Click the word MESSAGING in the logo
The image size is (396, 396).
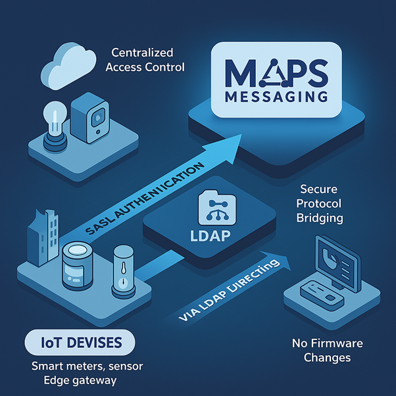click(x=274, y=97)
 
